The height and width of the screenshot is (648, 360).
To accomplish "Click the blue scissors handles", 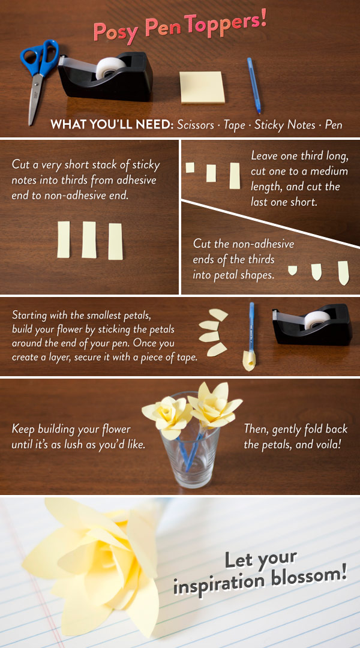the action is click(x=41, y=57).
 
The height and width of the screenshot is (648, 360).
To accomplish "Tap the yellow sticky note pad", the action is click(x=203, y=87).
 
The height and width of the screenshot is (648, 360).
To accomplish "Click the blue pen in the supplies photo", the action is click(x=254, y=85).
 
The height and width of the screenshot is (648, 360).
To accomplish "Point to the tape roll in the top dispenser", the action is click(x=111, y=68).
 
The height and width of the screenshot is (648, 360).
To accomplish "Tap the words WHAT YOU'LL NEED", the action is click(x=112, y=124).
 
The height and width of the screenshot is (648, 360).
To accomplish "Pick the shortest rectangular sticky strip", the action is click(x=190, y=167).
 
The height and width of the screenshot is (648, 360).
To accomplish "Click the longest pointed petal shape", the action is click(x=343, y=273).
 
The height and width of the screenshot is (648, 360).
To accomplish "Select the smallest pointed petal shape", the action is click(x=293, y=270).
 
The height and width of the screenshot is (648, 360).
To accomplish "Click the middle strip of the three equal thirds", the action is click(x=89, y=239).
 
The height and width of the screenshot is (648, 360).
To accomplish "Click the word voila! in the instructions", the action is click(x=328, y=445).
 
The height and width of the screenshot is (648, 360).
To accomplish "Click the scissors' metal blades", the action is click(x=35, y=98).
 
